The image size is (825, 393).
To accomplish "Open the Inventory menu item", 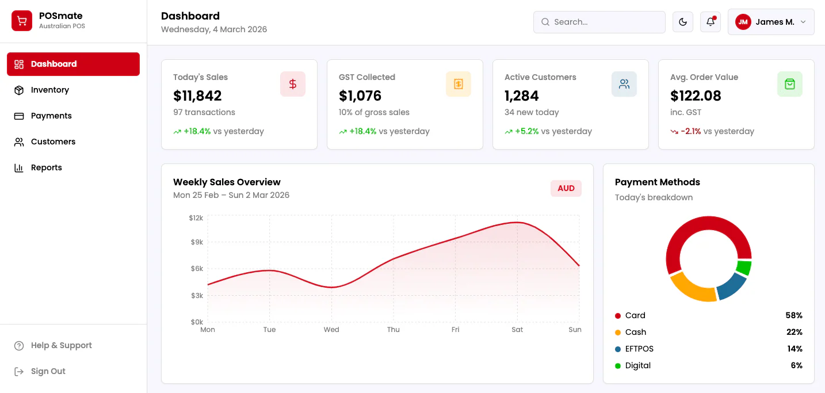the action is tap(49, 90).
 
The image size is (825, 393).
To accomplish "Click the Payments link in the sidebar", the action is tap(51, 116).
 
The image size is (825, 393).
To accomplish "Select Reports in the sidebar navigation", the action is tap(47, 167).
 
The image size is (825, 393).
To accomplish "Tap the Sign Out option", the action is tap(48, 371).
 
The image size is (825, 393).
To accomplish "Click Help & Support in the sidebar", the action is tap(61, 345).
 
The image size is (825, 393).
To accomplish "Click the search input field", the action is tap(599, 22).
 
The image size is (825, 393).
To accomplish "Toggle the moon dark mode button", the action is tap(683, 22).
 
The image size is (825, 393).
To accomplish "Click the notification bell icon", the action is tap(711, 22).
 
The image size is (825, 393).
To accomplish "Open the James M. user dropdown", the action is tap(771, 22).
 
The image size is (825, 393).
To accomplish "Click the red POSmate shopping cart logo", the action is tap(22, 21).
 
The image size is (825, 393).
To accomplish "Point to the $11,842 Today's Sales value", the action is tap(197, 96).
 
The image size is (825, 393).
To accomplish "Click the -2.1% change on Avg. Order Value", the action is tap(690, 132).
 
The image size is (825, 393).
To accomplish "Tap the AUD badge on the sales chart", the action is tap(566, 188).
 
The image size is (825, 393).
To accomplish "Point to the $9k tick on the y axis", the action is tap(197, 242).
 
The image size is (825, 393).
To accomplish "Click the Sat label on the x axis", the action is tap(517, 330).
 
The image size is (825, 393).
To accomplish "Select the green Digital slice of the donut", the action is tap(744, 268).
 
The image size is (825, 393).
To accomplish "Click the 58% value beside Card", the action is tap(794, 316).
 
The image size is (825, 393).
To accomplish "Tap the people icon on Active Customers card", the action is tap(624, 84).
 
